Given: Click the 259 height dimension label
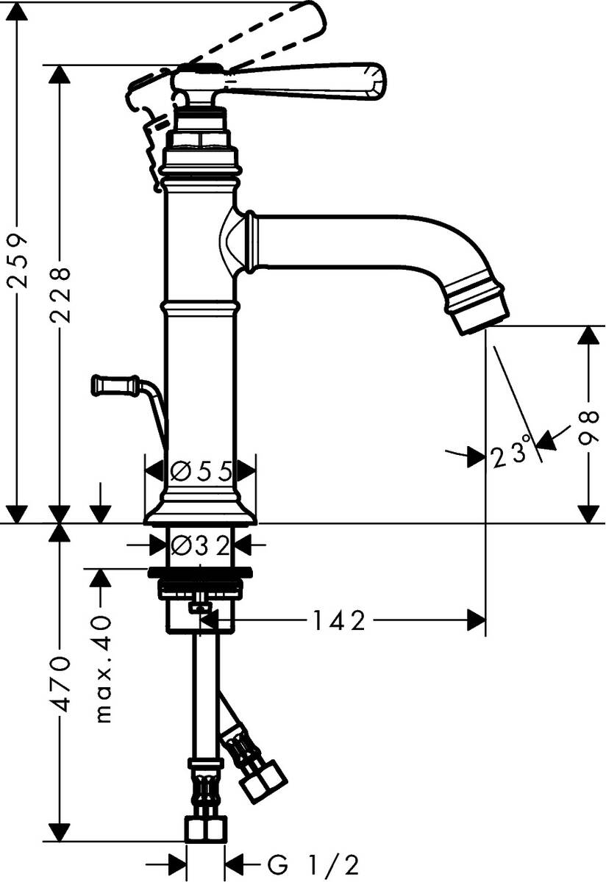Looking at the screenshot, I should point(18,262).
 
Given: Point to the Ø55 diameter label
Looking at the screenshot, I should point(200,469).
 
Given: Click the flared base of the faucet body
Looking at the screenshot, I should point(200,511).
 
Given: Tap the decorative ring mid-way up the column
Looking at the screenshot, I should point(200,304).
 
